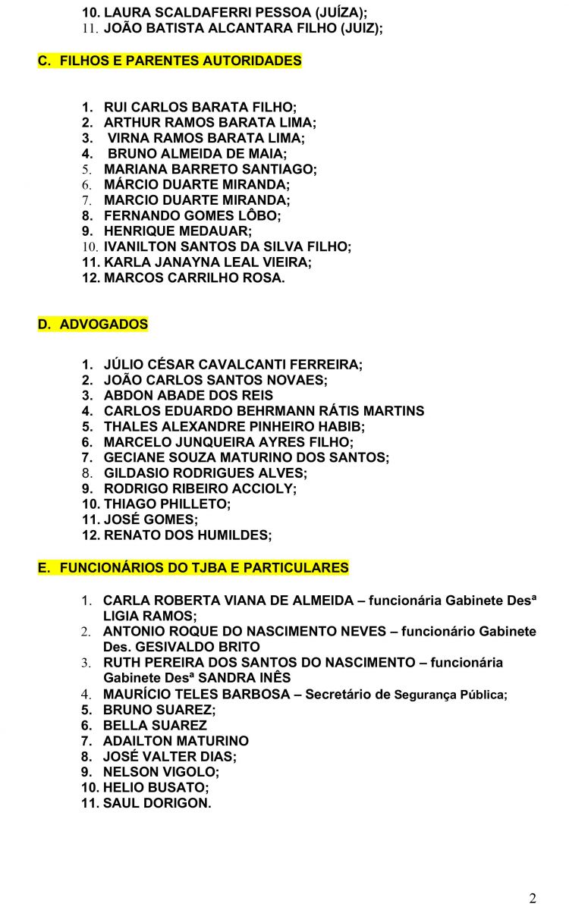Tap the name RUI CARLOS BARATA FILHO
(x=200, y=107)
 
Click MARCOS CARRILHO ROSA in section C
(x=194, y=278)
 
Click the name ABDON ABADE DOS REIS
(x=188, y=395)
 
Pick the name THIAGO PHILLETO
(x=167, y=504)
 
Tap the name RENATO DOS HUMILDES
(x=187, y=535)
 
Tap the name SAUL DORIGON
(x=157, y=802)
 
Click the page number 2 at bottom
(x=532, y=898)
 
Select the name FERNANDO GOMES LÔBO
(x=191, y=215)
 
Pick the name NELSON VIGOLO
(x=160, y=771)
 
